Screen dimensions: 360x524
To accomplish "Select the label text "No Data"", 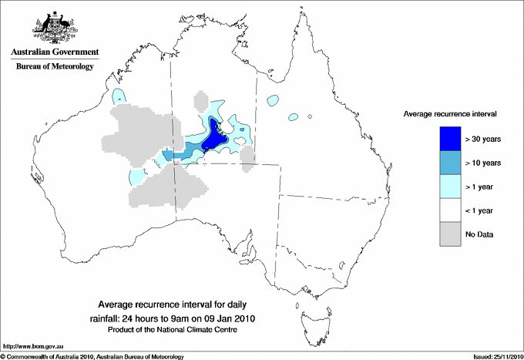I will [x=480, y=234].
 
